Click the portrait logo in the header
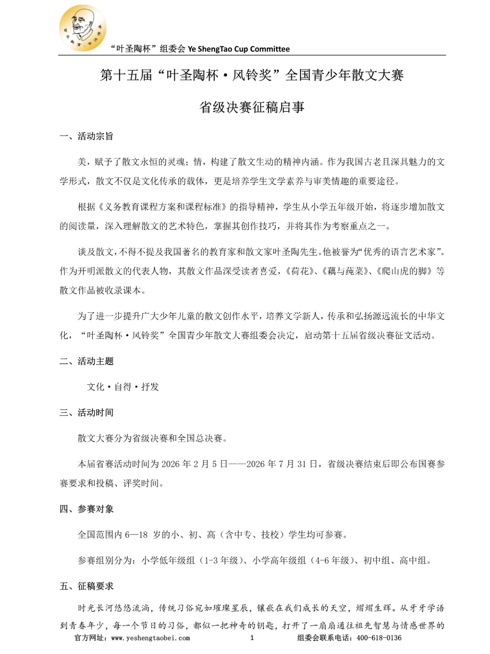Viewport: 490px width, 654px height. coord(83,28)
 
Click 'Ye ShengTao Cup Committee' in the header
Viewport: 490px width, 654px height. coord(239,49)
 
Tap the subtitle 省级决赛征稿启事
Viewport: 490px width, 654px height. coord(252,108)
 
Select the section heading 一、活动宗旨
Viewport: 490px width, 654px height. coord(86,137)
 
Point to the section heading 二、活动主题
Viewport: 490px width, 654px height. coord(86,361)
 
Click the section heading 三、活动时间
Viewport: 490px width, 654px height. coord(86,412)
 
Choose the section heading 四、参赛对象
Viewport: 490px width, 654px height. coord(86,509)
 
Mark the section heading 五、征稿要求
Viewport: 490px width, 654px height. coord(86,586)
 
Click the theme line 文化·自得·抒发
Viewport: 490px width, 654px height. coord(123,387)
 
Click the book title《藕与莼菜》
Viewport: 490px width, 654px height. coord(346,271)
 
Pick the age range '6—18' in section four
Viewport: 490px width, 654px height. coord(136,535)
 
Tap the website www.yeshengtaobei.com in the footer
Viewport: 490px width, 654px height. coord(150,638)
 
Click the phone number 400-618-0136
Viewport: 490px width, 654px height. coord(379,638)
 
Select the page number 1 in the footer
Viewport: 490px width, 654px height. coord(252,638)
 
